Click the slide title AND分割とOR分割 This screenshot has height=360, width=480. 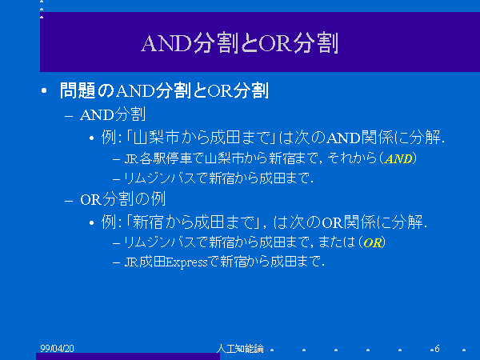(240, 44)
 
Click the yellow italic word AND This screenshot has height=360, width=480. (399, 159)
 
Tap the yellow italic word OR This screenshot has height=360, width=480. (373, 243)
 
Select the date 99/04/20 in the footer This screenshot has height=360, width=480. (58, 348)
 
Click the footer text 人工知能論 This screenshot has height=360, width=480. (240, 348)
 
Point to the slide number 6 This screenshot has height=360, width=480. (437, 348)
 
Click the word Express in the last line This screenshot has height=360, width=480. (186, 262)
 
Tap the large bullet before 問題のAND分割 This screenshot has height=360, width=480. (44, 90)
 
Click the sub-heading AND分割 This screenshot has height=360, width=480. (113, 114)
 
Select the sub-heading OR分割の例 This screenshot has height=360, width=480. (122, 199)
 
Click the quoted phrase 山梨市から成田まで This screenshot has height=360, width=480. (201, 138)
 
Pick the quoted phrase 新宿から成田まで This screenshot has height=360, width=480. (194, 222)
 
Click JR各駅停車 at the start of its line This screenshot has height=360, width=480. (158, 159)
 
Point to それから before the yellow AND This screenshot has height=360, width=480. (352, 159)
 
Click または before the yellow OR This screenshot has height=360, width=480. (337, 242)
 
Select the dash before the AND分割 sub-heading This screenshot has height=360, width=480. (69, 116)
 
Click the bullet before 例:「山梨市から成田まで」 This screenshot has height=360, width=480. (91, 138)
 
